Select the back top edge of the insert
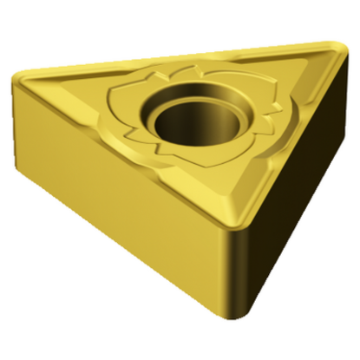[182, 59]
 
